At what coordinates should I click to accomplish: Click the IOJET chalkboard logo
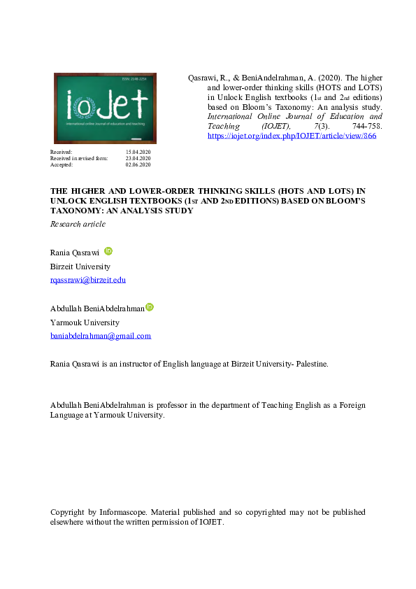[105, 108]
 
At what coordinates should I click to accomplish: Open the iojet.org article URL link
[292, 136]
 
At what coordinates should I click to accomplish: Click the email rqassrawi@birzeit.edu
[88, 280]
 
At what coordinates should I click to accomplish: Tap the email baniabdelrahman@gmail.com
[101, 336]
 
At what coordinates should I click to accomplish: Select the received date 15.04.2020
[138, 152]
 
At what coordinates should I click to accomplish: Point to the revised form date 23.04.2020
[138, 158]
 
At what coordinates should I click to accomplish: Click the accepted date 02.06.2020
[138, 164]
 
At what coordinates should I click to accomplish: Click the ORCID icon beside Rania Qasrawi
[108, 251]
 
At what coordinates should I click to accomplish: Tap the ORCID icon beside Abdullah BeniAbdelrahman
[150, 307]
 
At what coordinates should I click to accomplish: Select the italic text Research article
[78, 224]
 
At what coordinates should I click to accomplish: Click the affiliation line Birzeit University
[80, 267]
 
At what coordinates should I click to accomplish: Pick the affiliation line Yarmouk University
[85, 322]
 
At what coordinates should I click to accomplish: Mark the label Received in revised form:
[79, 158]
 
